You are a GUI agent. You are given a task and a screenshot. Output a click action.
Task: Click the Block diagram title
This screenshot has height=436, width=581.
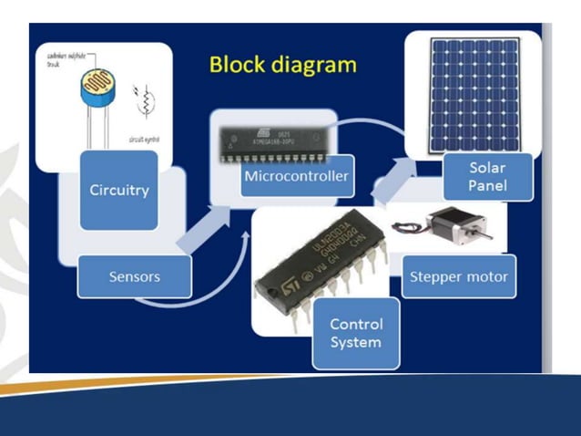[282, 65]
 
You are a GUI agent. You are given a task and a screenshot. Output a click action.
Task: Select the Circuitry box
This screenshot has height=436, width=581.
[118, 190]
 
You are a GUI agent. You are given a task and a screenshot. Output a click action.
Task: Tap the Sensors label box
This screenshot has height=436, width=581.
[134, 276]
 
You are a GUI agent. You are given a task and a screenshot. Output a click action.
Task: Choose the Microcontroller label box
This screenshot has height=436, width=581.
[295, 175]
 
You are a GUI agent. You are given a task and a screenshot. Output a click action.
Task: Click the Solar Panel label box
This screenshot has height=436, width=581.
[487, 178]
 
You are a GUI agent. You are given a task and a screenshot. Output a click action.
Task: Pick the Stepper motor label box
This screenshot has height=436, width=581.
[458, 275]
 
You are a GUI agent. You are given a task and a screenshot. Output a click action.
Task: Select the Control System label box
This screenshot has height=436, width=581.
[356, 333]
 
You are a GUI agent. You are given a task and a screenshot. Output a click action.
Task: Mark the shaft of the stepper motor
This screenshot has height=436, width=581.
[485, 234]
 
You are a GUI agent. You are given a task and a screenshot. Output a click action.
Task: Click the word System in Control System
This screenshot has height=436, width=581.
[356, 343]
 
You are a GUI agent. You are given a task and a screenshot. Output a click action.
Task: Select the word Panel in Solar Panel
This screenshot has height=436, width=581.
[487, 187]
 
